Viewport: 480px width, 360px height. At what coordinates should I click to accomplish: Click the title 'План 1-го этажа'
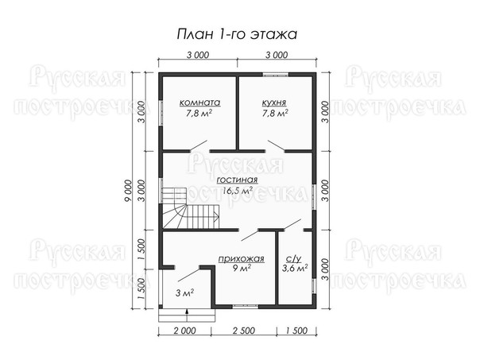(x=237, y=34)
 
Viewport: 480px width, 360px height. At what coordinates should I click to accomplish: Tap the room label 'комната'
(x=199, y=103)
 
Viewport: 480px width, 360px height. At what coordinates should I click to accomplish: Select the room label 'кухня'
(x=274, y=103)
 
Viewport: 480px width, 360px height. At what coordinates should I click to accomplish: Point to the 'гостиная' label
(x=237, y=180)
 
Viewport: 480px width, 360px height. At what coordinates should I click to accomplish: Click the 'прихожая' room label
(x=241, y=259)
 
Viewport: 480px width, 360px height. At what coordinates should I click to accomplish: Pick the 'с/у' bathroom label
(x=293, y=259)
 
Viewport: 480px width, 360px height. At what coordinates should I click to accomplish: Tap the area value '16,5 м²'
(x=238, y=191)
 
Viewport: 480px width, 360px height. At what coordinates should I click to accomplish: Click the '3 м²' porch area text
(x=184, y=293)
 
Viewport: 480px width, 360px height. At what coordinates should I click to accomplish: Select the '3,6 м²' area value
(x=295, y=269)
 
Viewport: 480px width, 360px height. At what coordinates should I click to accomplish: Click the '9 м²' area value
(x=242, y=269)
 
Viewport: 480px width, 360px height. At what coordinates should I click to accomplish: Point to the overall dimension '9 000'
(x=128, y=191)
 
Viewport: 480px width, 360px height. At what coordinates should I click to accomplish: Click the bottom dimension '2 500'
(x=244, y=331)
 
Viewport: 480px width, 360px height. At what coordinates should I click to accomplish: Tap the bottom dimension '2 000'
(x=184, y=331)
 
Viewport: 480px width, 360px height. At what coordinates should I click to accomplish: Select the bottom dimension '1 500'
(x=296, y=331)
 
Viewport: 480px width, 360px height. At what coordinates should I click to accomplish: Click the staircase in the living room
(x=190, y=208)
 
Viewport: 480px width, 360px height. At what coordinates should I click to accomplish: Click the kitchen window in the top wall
(x=276, y=74)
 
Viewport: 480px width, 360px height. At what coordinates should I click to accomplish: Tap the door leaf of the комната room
(x=199, y=145)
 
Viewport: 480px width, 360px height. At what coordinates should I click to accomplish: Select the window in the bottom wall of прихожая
(x=246, y=306)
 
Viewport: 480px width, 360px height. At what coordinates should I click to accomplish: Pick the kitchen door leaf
(x=277, y=145)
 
